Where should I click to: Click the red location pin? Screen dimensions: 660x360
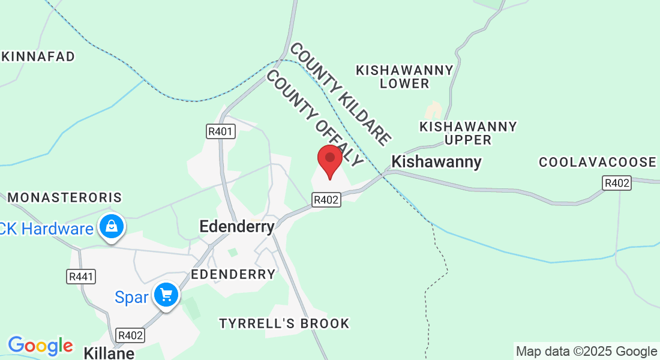(329, 160)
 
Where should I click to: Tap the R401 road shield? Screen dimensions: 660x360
(221, 131)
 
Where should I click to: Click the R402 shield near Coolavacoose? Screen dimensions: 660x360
(617, 183)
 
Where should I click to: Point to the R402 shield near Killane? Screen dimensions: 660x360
(131, 335)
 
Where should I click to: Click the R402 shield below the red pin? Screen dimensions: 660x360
(326, 199)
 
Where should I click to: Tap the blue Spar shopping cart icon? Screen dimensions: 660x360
(166, 296)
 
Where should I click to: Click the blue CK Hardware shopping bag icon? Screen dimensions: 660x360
(112, 227)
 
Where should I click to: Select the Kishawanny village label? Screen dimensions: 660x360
(436, 162)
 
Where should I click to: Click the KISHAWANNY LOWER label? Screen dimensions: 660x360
(404, 77)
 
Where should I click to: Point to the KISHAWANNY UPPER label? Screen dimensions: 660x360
(468, 133)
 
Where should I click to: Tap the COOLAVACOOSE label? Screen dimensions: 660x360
(598, 163)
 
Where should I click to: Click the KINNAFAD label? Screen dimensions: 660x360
(38, 57)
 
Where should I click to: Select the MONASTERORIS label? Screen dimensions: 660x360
(65, 197)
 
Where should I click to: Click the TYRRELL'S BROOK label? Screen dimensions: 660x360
(284, 323)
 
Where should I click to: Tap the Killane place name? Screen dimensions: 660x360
(109, 352)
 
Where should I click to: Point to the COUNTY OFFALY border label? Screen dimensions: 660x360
(314, 118)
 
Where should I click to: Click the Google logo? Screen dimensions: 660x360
(40, 346)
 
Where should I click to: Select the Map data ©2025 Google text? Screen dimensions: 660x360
(586, 352)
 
